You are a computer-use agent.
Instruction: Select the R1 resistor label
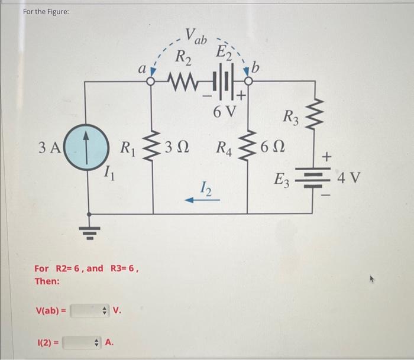pyautogui.click(x=128, y=147)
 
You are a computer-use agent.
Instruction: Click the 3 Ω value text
pyautogui.click(x=176, y=147)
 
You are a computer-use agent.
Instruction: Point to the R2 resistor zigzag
pyautogui.click(x=185, y=79)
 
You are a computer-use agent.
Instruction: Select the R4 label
pyautogui.click(x=225, y=147)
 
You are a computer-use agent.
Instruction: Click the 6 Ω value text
pyautogui.click(x=274, y=147)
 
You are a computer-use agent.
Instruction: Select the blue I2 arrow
pyautogui.click(x=203, y=200)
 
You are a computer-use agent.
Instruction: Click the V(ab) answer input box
pyautogui.click(x=89, y=310)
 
